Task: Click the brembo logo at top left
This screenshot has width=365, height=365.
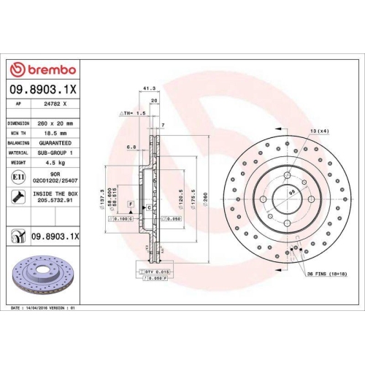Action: click(x=45, y=69)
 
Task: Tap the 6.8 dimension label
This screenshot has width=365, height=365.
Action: click(x=133, y=147)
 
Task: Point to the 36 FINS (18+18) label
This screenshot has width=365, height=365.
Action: click(x=325, y=274)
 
